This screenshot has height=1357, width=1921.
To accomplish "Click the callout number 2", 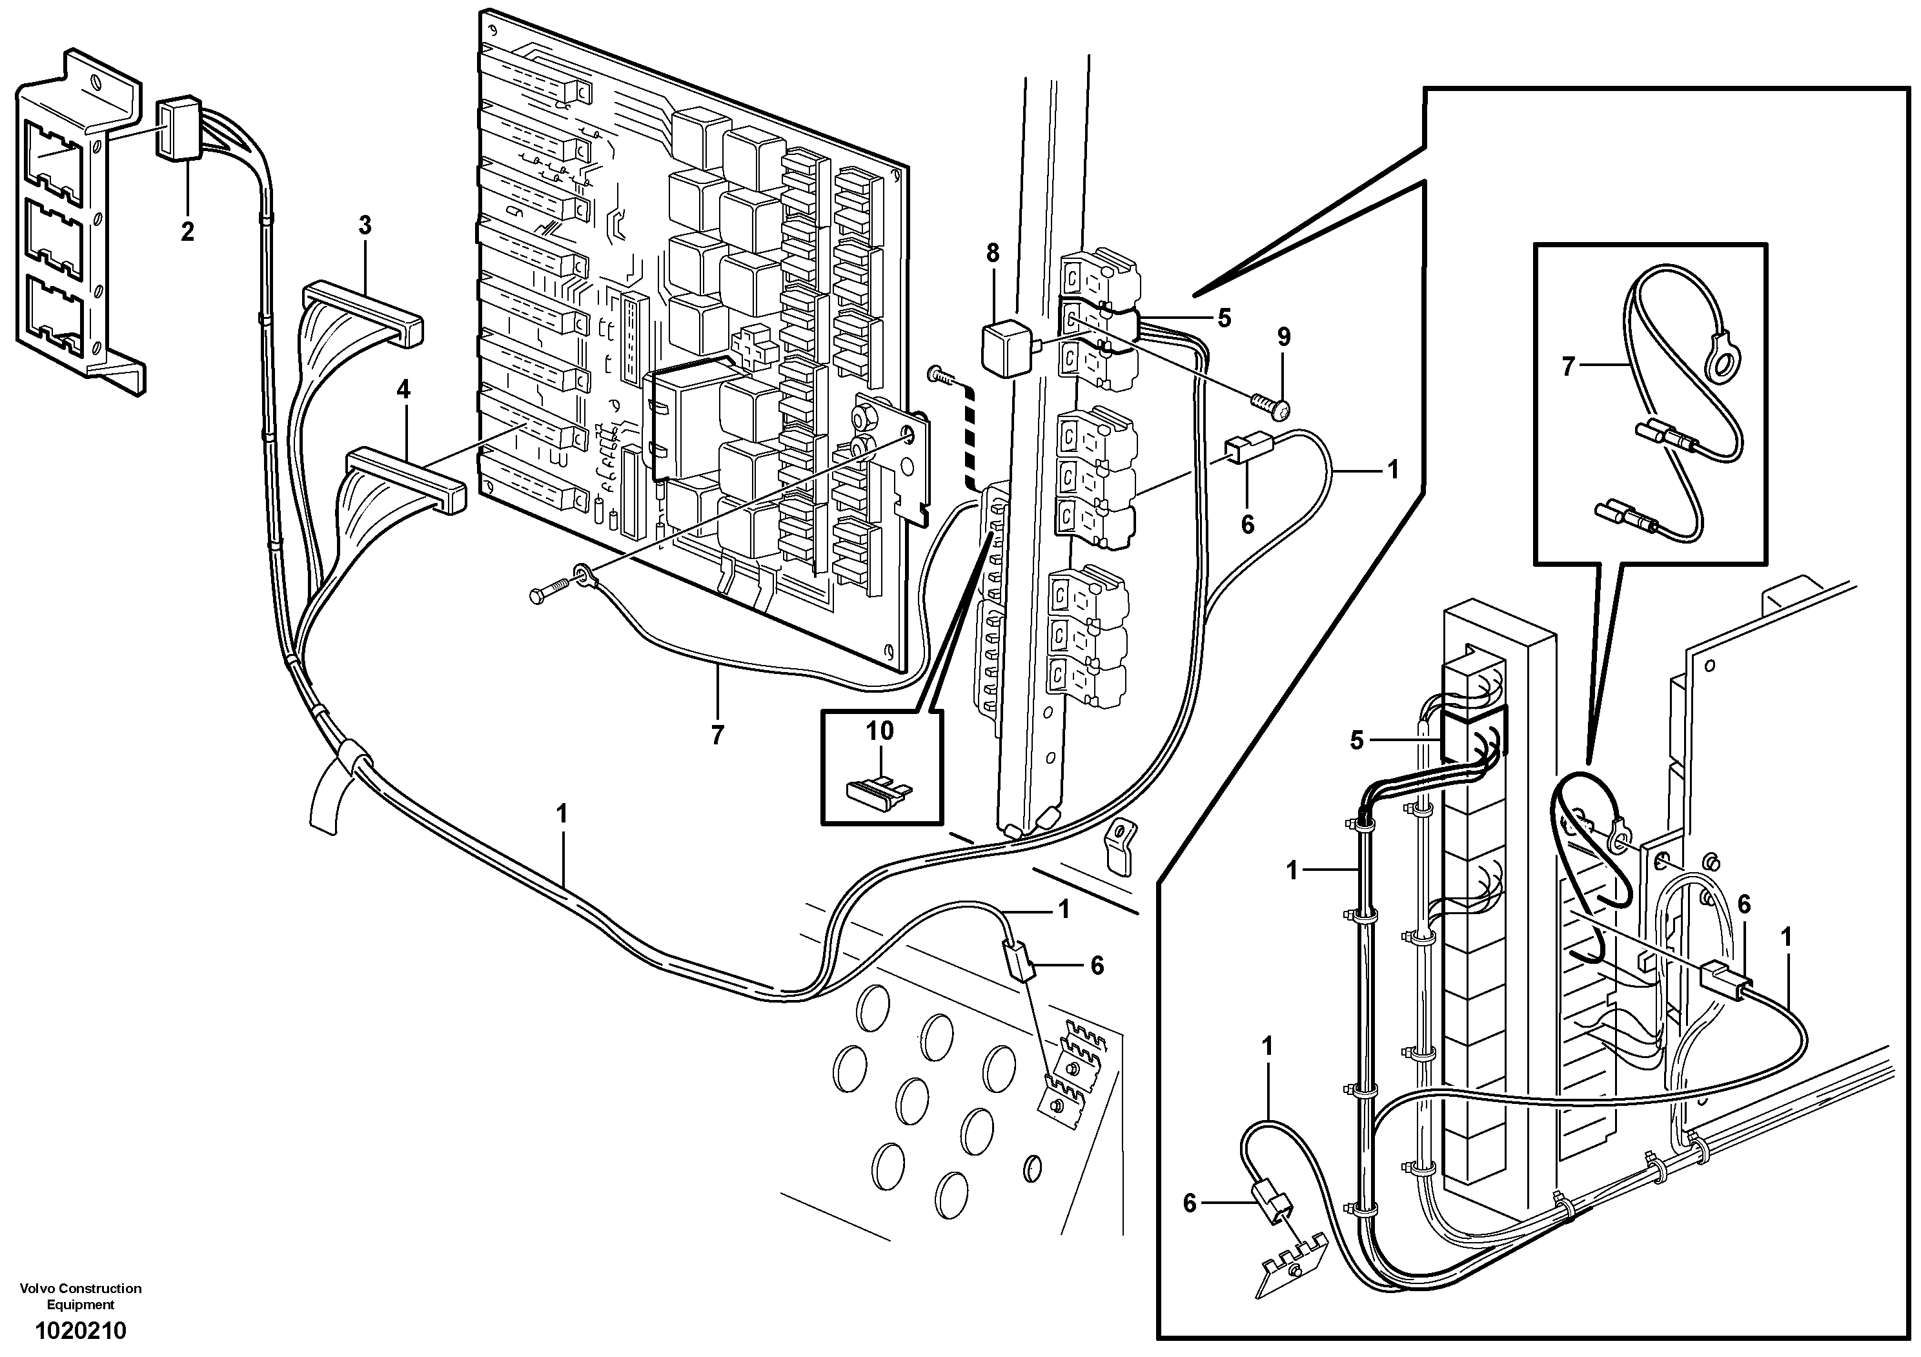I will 187,231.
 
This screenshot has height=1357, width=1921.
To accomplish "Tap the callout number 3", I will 365,225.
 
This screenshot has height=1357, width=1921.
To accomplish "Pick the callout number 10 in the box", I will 879,731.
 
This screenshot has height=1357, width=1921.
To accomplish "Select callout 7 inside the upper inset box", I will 1568,367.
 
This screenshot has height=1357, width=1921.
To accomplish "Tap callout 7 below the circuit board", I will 717,735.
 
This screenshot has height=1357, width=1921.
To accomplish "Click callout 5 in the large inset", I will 1356,740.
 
